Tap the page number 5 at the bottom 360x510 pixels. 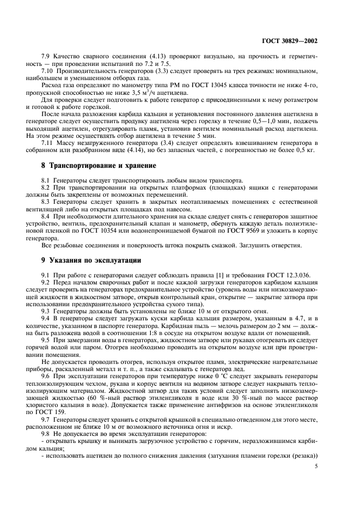[x=317, y=466]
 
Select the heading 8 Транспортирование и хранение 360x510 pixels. [x=99, y=165]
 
